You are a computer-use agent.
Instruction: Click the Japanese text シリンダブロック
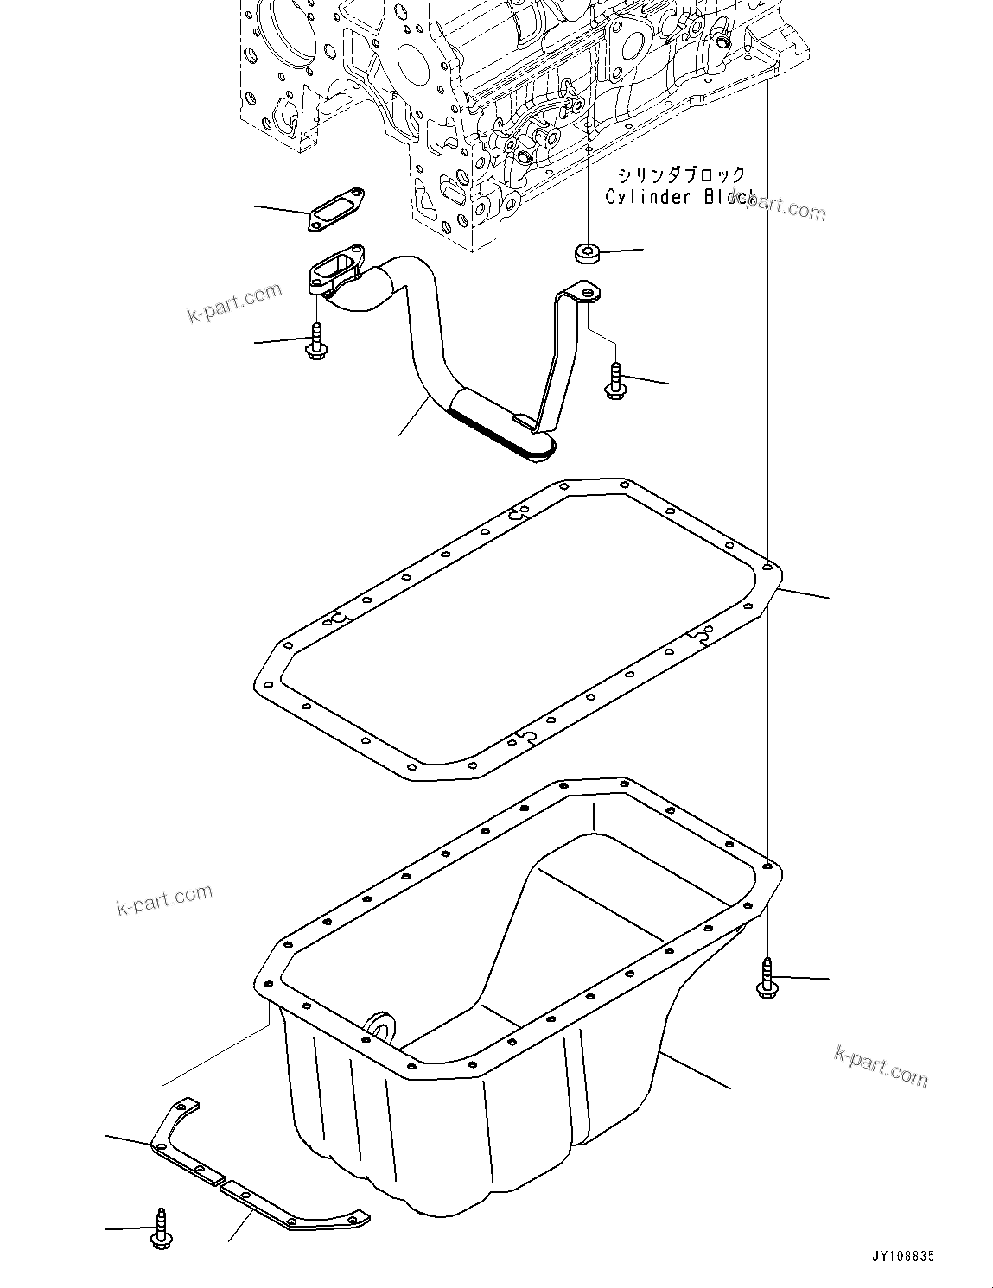pos(680,176)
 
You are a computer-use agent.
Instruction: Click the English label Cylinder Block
pos(680,198)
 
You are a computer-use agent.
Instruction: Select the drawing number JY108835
pos(896,1257)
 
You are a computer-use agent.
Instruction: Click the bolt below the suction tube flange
pos(315,342)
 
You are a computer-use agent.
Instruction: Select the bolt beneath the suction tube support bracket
pos(614,380)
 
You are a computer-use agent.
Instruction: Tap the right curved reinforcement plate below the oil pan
pos(294,1209)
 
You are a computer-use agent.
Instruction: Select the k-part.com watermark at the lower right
pos(881,1064)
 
